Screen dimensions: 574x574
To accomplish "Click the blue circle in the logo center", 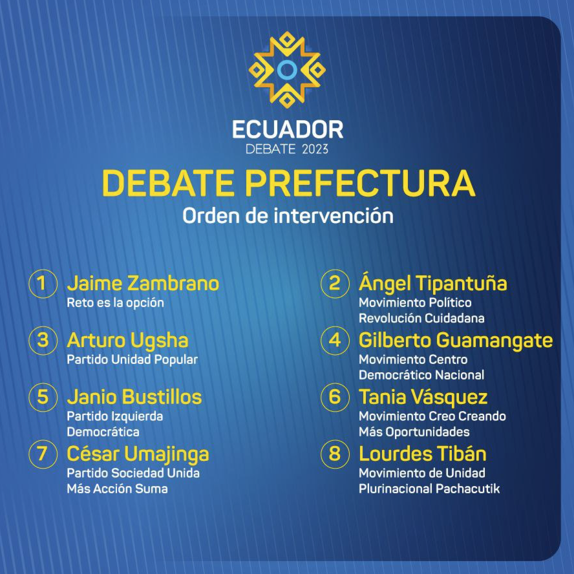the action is tap(286, 70).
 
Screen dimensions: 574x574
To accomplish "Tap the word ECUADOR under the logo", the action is tap(288, 129).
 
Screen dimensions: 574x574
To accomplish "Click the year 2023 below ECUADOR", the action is tap(315, 149).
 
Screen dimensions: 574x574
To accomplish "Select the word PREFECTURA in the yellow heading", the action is tap(360, 183).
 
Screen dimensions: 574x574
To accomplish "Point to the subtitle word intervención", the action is tap(334, 216).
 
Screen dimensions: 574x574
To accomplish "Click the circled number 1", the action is tap(43, 284).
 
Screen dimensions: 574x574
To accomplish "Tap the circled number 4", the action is tap(335, 341).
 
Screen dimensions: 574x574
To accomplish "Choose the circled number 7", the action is tap(43, 454).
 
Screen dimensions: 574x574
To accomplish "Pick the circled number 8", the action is tap(335, 454).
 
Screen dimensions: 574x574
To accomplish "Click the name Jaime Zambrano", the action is tap(143, 284).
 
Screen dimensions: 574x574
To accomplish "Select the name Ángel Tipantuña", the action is tap(432, 282).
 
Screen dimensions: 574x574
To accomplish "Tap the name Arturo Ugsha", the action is tap(127, 341).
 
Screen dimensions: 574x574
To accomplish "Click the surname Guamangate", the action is tap(494, 341).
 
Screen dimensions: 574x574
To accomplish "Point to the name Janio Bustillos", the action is tap(134, 397).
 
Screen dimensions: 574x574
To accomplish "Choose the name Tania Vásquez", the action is tap(423, 398).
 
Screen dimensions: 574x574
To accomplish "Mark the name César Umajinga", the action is tap(138, 454).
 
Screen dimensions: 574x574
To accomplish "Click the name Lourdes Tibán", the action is tap(423, 454).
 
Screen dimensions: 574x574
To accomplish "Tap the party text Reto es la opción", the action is tap(115, 303).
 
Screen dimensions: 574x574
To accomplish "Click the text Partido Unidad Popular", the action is tap(132, 360).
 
